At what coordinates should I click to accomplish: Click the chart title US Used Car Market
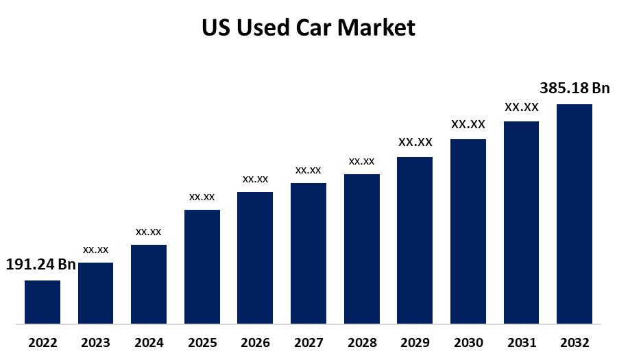pos(308,27)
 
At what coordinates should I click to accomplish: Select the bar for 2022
pos(43,302)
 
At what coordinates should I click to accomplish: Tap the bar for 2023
pos(95,293)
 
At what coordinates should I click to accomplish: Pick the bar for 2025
pos(202,266)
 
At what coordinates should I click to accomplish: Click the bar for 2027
pos(308,253)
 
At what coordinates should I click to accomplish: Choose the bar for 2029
pos(415,240)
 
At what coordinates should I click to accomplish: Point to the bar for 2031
pos(521,222)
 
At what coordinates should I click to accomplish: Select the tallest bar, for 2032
pos(574,213)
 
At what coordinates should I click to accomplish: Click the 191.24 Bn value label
pos(40,265)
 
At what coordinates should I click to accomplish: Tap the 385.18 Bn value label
pos(574,88)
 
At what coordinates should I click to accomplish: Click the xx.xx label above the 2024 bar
pos(149,232)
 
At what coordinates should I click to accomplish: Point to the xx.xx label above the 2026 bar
pos(255,179)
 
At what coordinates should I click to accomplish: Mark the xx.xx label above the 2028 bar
pos(361,161)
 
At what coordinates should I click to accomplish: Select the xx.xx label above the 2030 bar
pos(468,125)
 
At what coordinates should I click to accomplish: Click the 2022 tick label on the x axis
pos(43,342)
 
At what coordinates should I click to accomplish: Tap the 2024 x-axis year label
pos(149,342)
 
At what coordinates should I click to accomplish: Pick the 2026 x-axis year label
pos(255,342)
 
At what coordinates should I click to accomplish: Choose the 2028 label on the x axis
pos(361,342)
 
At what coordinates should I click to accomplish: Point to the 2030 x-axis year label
pos(468,342)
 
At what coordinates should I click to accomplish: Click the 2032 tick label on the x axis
pos(574,342)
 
